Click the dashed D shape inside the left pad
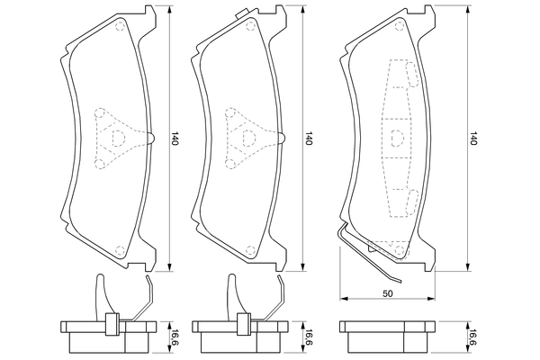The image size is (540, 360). [x=117, y=138]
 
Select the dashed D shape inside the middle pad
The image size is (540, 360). [x=246, y=138]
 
